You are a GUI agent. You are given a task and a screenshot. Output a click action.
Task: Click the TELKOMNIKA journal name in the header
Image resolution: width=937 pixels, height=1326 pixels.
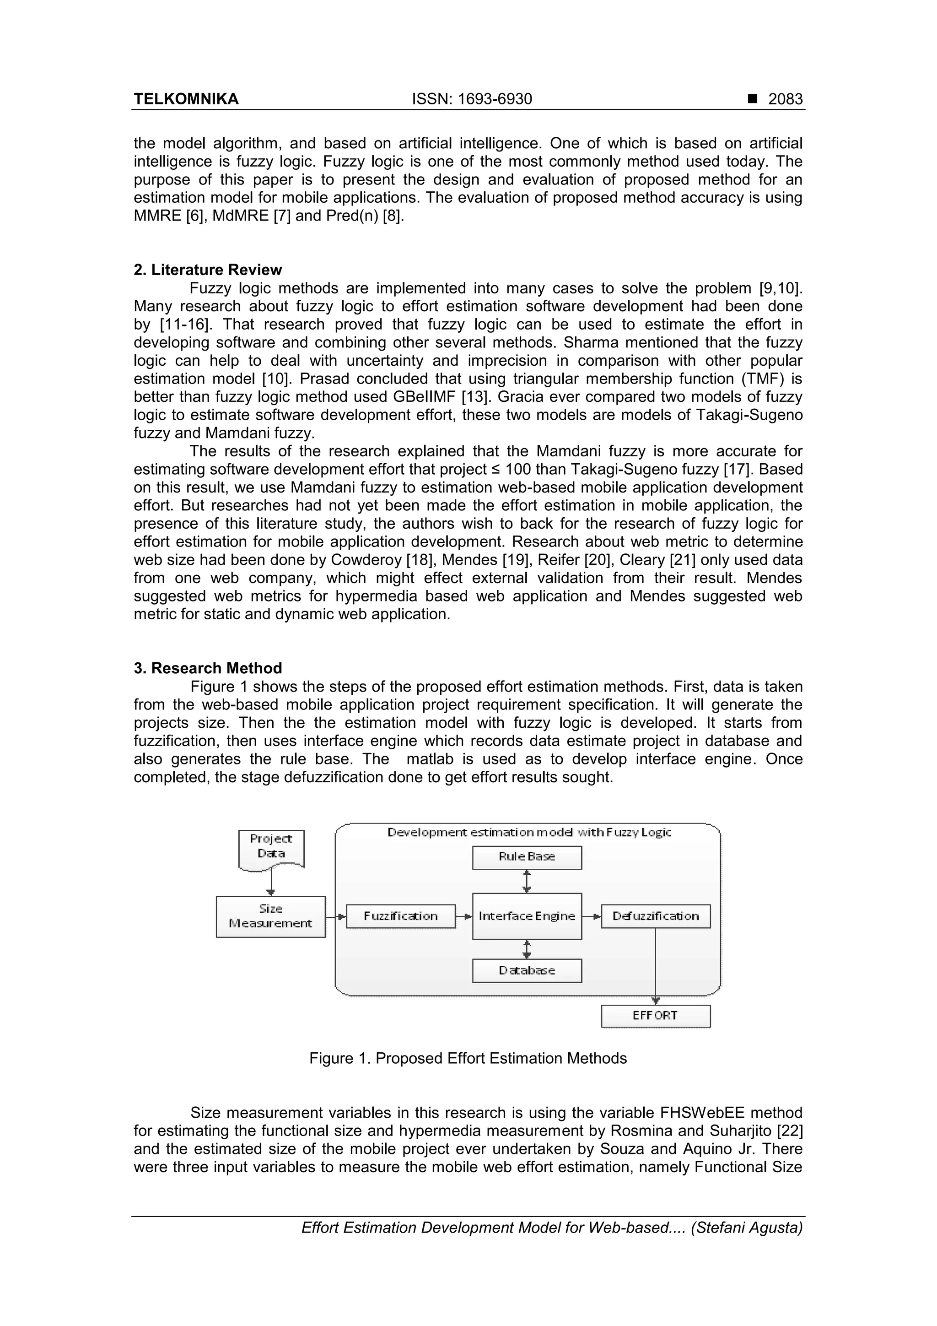186,99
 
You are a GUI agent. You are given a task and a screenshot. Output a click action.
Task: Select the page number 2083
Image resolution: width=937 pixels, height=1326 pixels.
785,99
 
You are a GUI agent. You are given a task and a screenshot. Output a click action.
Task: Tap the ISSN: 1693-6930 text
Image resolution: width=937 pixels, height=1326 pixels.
472,99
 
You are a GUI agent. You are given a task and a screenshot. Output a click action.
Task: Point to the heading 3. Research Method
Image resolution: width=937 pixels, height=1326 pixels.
208,668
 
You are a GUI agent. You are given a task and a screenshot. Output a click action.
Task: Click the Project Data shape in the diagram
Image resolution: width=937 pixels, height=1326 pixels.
271,847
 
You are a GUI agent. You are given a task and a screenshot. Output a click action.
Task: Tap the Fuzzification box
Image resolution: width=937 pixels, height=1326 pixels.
401,916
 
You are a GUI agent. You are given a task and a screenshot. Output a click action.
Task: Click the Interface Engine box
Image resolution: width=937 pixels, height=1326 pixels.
527,916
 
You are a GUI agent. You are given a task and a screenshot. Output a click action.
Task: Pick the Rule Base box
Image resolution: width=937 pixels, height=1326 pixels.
527,857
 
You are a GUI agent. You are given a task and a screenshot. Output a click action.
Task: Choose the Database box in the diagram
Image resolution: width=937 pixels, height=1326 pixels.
527,970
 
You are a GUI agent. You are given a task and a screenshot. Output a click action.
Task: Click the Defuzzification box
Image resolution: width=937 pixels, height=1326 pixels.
655,916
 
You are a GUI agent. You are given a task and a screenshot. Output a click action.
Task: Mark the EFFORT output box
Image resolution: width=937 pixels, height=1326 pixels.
655,1016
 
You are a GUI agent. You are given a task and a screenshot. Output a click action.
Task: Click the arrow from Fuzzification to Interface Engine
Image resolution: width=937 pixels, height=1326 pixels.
463,916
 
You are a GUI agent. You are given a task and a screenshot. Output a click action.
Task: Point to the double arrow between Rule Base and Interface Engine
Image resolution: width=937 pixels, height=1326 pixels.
527,881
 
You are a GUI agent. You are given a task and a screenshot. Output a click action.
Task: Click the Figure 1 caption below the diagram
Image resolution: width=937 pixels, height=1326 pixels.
468,1058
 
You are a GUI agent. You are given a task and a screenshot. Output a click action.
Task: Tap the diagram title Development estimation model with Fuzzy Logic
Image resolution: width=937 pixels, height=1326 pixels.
529,832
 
